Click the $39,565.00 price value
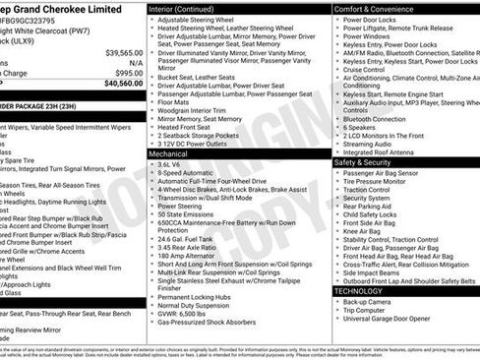pos(124,51)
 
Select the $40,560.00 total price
pos(123,85)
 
